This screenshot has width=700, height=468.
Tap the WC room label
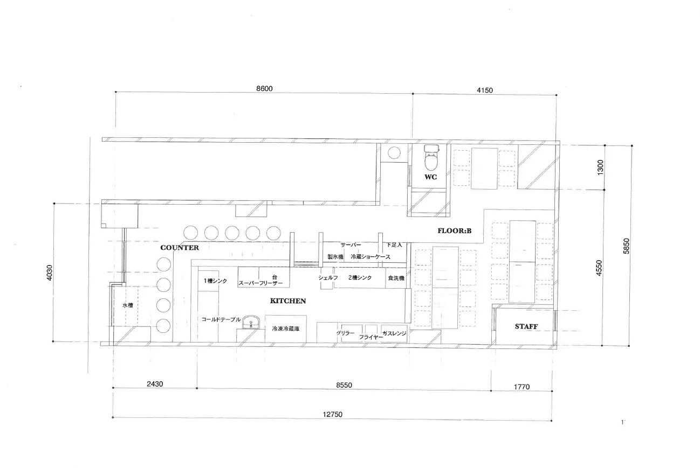pos(430,177)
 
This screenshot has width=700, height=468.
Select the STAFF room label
pos(526,326)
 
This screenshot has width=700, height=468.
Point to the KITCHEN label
pos(288,301)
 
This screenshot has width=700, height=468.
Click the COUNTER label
pos(180,247)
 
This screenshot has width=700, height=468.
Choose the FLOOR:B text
pos(455,231)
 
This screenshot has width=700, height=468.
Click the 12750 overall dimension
pos(333,414)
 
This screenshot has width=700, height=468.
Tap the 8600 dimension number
pos(264,89)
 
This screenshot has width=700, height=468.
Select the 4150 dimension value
pos(485,90)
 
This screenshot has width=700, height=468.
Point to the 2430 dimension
pos(155,384)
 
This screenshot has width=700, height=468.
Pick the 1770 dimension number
pos(522,387)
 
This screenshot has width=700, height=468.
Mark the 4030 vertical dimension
pos(50,273)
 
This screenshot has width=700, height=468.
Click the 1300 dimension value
pos(600,167)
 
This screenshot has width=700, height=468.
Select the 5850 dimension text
pos(626,246)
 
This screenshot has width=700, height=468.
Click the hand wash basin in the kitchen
pos(251,322)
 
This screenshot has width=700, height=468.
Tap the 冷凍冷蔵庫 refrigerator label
pos(286,329)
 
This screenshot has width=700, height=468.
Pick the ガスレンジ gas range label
pos(394,333)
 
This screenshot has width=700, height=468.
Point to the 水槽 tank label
pos(128,305)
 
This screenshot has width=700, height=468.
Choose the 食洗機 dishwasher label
pos(396,278)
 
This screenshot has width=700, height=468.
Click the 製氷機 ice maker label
pos(335,257)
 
